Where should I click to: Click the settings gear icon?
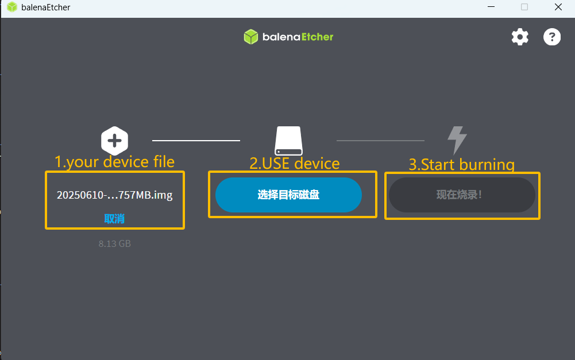click(520, 37)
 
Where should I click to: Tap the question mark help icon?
click(552, 37)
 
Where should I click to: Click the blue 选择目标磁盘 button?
click(288, 195)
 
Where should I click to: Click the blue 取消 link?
click(114, 219)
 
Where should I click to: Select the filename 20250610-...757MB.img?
click(114, 195)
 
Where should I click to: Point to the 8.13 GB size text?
click(114, 243)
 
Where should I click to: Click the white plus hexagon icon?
click(114, 140)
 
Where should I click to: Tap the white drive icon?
click(288, 141)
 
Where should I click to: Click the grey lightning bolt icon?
click(457, 140)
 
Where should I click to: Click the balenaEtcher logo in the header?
click(288, 37)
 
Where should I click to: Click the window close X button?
click(558, 7)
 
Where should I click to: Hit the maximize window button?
click(524, 7)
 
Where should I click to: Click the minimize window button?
click(491, 7)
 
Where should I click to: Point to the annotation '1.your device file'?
click(114, 162)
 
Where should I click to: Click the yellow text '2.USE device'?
click(294, 164)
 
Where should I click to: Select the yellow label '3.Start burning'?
click(461, 165)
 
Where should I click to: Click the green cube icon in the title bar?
click(11, 7)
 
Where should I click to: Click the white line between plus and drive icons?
click(196, 140)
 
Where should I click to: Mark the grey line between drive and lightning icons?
click(380, 140)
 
